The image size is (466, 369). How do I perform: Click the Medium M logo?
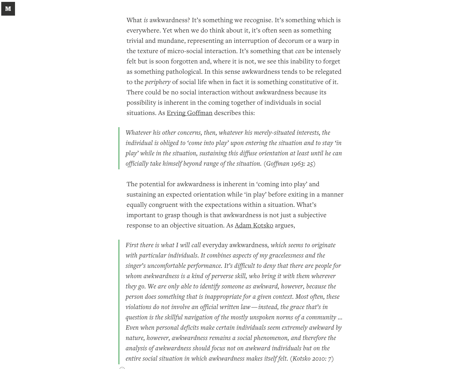tap(8, 8)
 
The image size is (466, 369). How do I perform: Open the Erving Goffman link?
tap(189, 113)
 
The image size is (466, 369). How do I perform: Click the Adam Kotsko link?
tap(254, 225)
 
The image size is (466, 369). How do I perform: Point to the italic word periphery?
tap(158, 82)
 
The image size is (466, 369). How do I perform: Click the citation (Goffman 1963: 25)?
tap(289, 163)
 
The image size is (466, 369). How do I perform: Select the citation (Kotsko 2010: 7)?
tap(312, 358)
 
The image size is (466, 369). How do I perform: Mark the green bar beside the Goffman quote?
tap(119, 148)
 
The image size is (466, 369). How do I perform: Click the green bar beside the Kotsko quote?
tap(119, 302)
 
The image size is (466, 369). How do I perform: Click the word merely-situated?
tap(274, 132)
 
